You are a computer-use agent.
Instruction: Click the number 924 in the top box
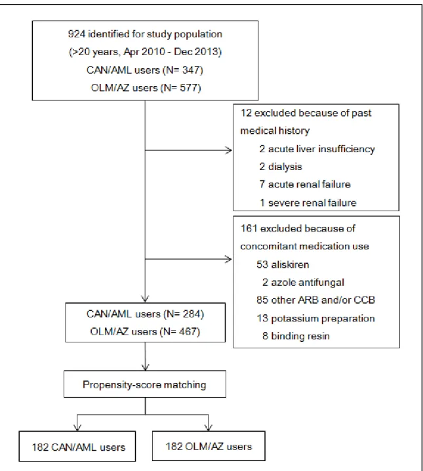point(76,34)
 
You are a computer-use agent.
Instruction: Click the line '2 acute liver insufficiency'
point(317,149)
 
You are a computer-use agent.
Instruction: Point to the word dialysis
point(285,167)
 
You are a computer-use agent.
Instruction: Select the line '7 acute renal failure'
point(305,184)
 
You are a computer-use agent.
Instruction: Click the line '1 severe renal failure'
point(308,203)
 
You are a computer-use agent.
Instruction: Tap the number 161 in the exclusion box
point(249,228)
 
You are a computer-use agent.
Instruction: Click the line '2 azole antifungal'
point(303,282)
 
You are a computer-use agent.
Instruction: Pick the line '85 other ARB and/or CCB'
point(316,300)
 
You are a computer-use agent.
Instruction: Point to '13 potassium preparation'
point(316,318)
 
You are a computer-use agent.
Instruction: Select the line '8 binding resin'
point(296,336)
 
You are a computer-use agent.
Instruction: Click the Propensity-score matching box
point(145,384)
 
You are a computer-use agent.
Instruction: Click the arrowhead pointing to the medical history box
point(229,150)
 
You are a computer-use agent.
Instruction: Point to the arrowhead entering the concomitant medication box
point(229,259)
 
